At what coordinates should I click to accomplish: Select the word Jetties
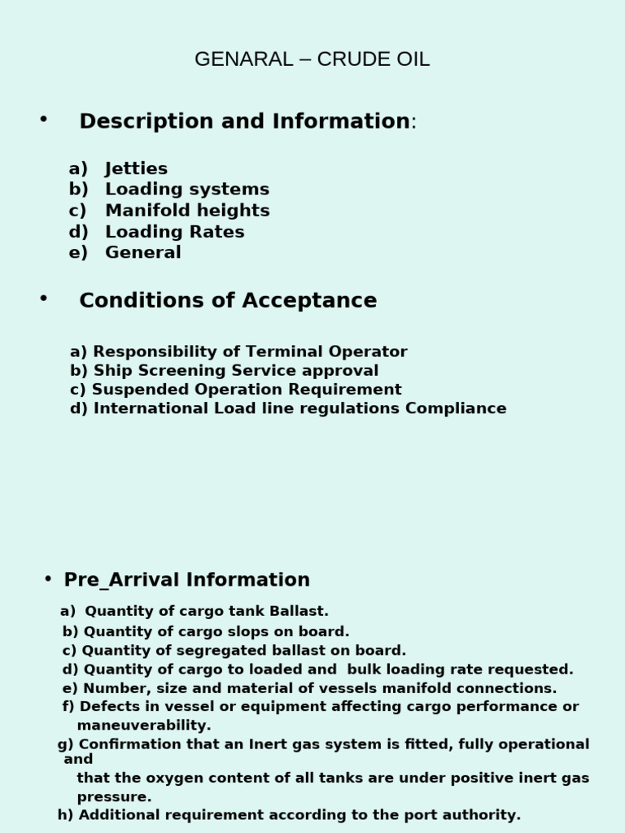(x=136, y=168)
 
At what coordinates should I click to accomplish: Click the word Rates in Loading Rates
(x=217, y=232)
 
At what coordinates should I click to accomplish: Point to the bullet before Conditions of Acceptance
(x=43, y=299)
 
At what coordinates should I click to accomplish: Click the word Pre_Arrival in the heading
(x=122, y=580)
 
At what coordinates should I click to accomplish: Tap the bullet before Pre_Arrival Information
(x=49, y=578)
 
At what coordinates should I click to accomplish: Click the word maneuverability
(x=143, y=726)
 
